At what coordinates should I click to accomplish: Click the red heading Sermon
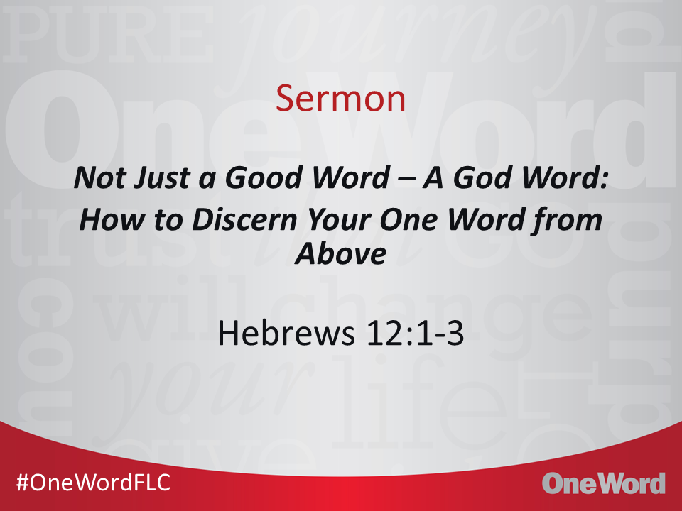[x=340, y=98]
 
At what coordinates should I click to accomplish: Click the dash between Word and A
[x=408, y=179]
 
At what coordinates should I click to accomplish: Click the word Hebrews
[x=286, y=334]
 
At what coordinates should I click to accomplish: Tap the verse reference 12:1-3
[x=415, y=334]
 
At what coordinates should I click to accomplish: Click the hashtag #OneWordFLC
[x=93, y=483]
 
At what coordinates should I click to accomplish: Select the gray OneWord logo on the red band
[x=604, y=483]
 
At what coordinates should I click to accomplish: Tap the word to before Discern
[x=169, y=220]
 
